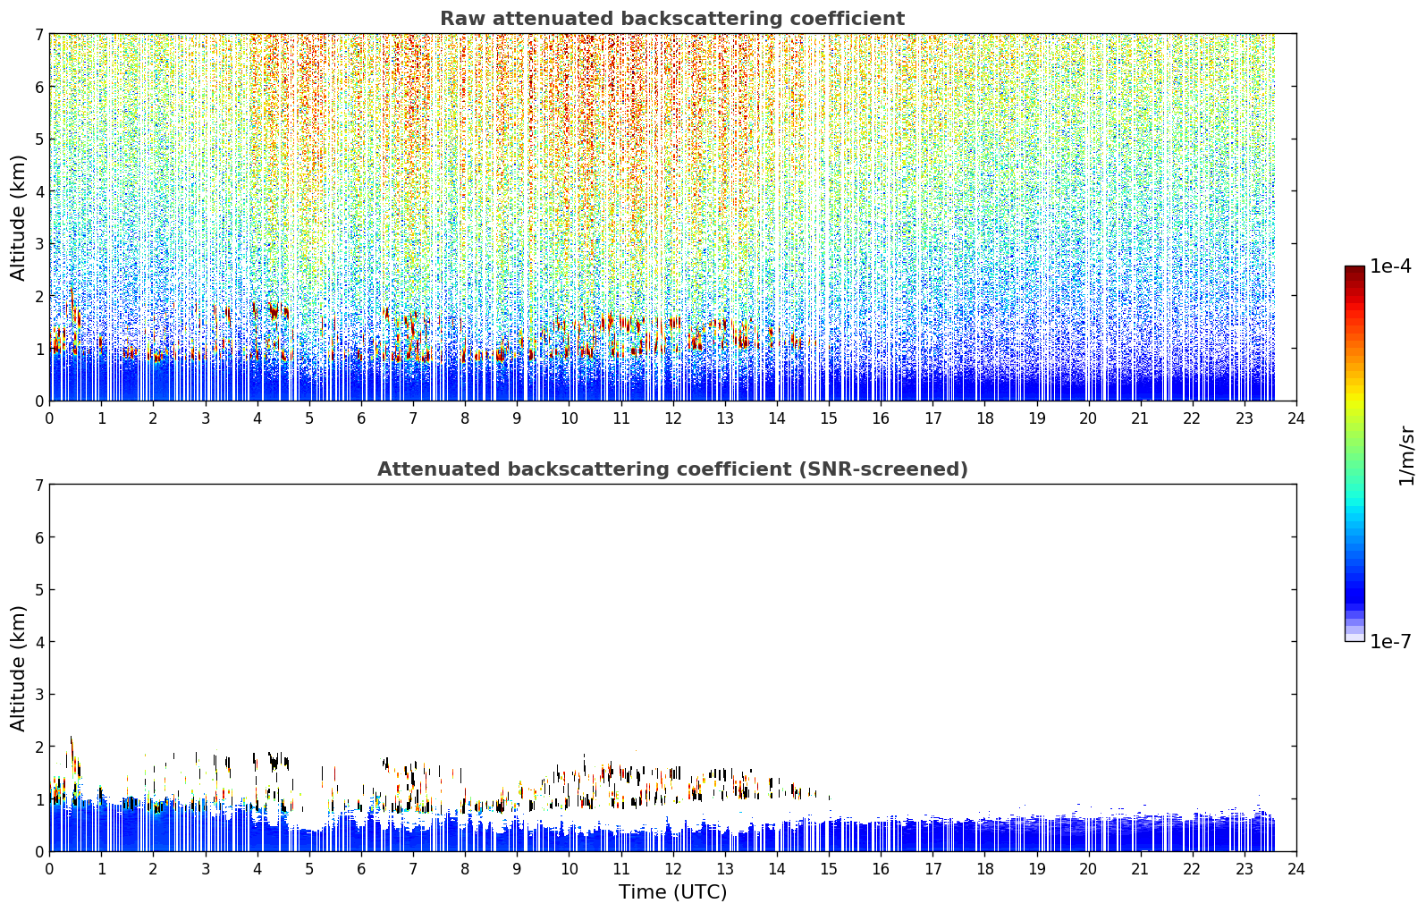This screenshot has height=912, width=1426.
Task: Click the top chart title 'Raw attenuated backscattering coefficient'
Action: (x=672, y=19)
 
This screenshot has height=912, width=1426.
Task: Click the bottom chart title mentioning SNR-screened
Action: (x=672, y=469)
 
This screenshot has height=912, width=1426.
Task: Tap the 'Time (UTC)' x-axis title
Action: (x=672, y=892)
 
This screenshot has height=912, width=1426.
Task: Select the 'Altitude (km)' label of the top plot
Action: (x=18, y=218)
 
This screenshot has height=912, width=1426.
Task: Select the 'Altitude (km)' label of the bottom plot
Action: (x=18, y=669)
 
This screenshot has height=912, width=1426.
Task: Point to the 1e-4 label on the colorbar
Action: (x=1390, y=266)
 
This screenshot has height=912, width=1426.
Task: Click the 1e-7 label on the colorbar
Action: (x=1390, y=641)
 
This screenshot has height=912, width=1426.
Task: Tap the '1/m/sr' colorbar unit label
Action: (x=1406, y=456)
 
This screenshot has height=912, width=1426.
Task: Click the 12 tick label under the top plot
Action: (x=673, y=419)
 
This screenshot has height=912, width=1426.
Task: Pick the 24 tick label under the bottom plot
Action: (x=1296, y=869)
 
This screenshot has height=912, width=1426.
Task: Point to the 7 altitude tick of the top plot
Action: (x=39, y=34)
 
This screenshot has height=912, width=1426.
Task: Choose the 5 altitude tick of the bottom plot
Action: (x=39, y=590)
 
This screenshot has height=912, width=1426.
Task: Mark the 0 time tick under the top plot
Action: (x=50, y=419)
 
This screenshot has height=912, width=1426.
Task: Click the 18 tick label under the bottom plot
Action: (x=985, y=869)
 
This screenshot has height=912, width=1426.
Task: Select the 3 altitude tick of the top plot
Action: (x=39, y=244)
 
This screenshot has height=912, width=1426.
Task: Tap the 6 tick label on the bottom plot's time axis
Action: (x=361, y=869)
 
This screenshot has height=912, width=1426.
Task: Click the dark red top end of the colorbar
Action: (x=1354, y=269)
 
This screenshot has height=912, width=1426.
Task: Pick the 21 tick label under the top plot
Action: (x=1140, y=419)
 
